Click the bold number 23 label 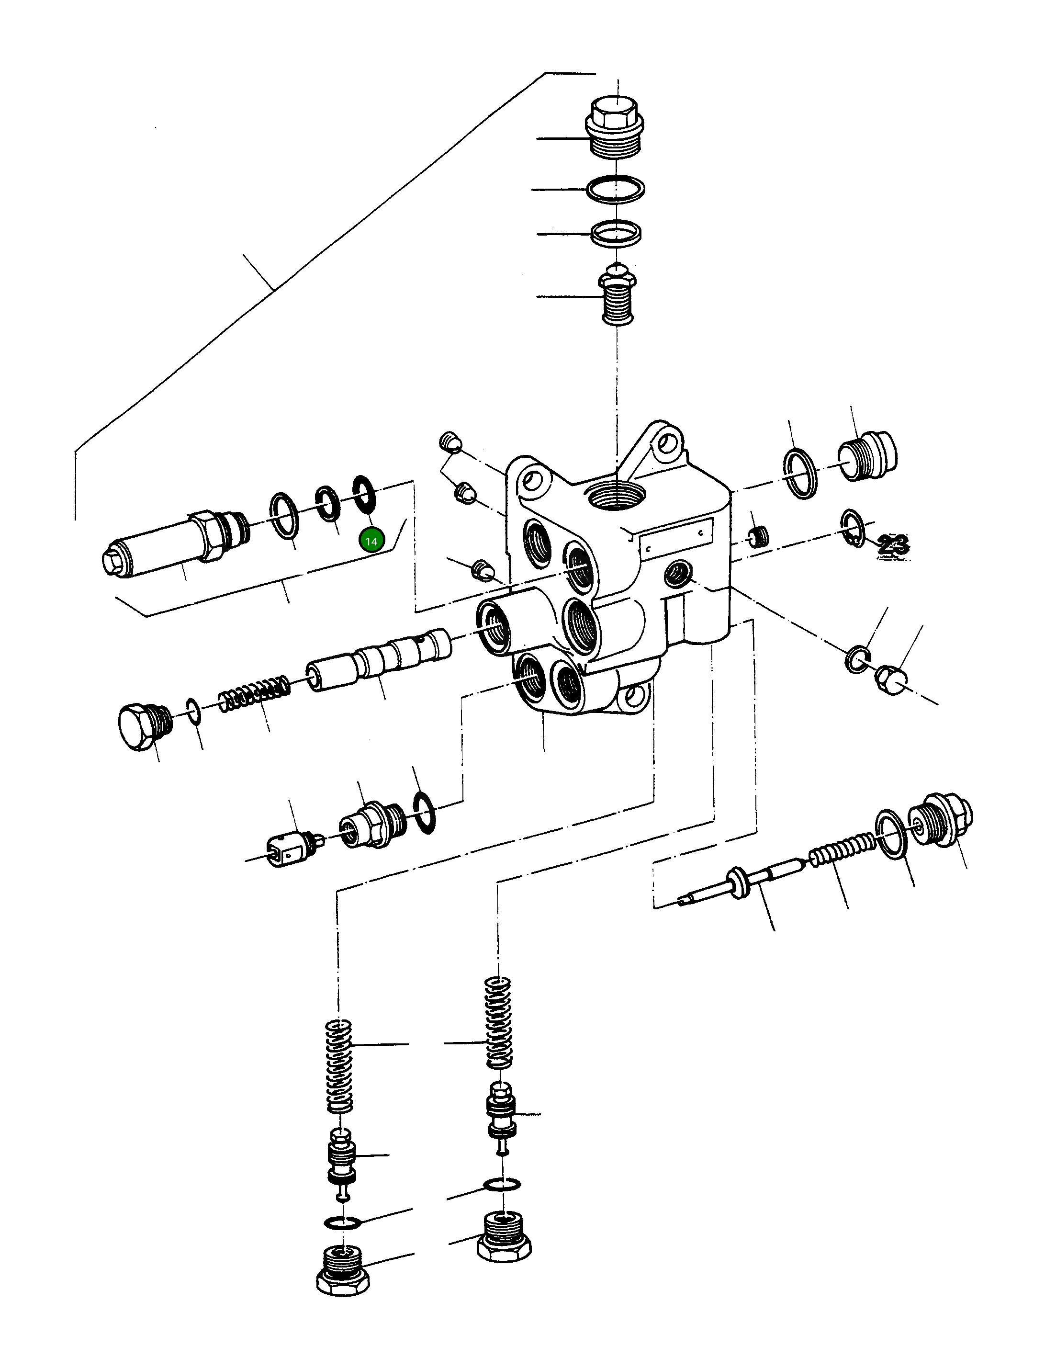[894, 544]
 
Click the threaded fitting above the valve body [617, 295]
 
